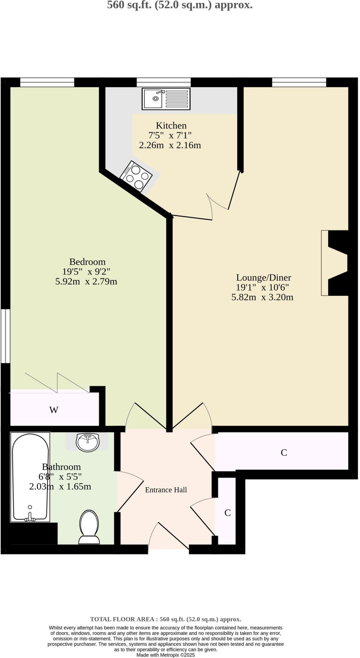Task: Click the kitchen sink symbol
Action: click(166, 99)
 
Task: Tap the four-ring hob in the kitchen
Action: click(136, 176)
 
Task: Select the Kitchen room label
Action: click(171, 125)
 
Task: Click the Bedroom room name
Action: click(87, 262)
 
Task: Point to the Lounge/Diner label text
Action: click(263, 277)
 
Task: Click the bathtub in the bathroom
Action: click(30, 477)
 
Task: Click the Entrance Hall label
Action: click(166, 490)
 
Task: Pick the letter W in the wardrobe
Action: click(54, 410)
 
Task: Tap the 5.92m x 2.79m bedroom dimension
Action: click(86, 281)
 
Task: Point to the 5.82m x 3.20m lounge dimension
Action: click(262, 297)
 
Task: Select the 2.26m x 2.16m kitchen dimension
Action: click(170, 145)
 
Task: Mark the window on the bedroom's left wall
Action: click(5, 336)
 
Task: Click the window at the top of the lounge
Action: click(299, 82)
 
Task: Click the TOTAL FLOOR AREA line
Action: click(165, 619)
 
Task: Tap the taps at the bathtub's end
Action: click(30, 517)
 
